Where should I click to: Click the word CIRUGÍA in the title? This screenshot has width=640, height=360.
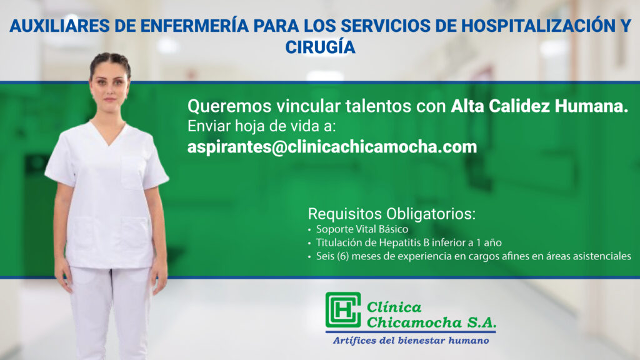[320, 46]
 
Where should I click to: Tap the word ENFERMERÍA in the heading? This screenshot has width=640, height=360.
[194, 26]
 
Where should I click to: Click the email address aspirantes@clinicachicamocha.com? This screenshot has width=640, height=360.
[332, 147]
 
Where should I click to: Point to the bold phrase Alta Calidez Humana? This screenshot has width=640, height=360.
[539, 106]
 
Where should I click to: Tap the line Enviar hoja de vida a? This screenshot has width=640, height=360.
[261, 126]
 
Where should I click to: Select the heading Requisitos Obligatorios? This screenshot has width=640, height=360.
[391, 214]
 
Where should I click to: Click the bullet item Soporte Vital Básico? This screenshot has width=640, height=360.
[362, 229]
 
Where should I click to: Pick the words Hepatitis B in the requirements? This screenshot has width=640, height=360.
[404, 243]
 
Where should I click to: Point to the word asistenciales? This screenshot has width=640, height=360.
[602, 256]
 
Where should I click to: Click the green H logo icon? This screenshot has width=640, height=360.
[343, 310]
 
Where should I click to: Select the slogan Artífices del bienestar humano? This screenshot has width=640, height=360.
[411, 341]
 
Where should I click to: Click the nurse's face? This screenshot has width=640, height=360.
[109, 87]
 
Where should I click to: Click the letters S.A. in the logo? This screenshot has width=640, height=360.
[481, 322]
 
